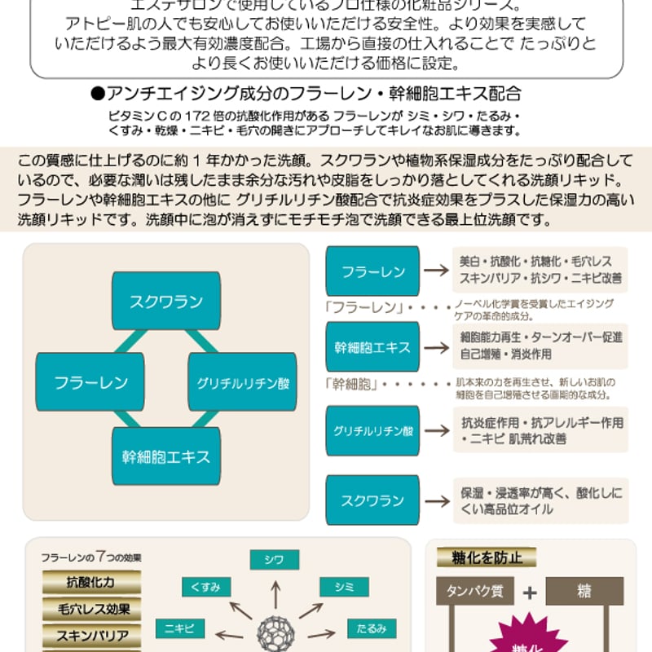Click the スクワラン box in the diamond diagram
[x=165, y=301]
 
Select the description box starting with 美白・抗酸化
[x=540, y=270]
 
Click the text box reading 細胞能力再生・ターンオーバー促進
[x=540, y=346]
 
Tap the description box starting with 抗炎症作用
[x=540, y=430]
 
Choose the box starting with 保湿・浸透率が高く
[x=540, y=500]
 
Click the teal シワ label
[x=274, y=559]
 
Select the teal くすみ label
[x=205, y=587]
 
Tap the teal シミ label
[x=338, y=587]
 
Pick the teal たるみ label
[x=372, y=628]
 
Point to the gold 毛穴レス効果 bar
[x=90, y=608]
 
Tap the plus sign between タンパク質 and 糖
[x=529, y=593]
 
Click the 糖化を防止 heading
[x=487, y=557]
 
